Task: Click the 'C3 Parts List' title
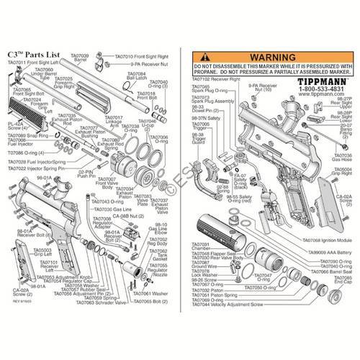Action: coord(31,55)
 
